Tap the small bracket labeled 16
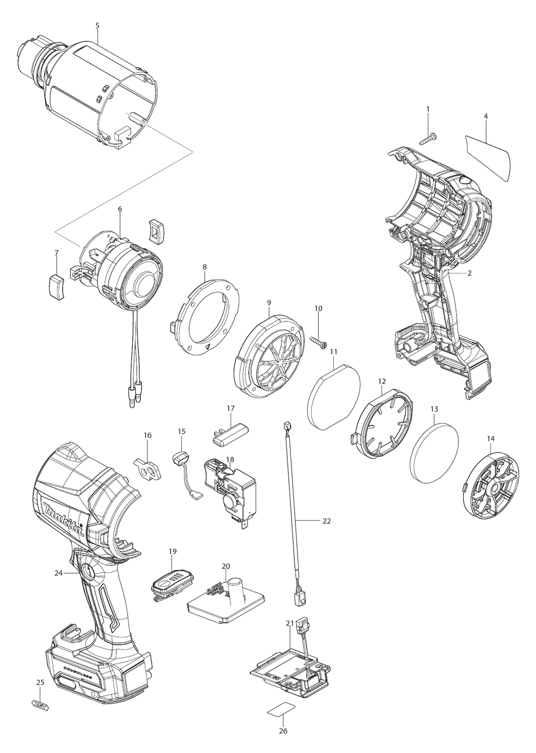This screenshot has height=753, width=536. tap(147, 468)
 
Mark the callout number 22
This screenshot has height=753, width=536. tap(327, 521)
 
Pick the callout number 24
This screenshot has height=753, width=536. tap(58, 573)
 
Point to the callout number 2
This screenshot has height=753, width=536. tap(469, 273)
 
